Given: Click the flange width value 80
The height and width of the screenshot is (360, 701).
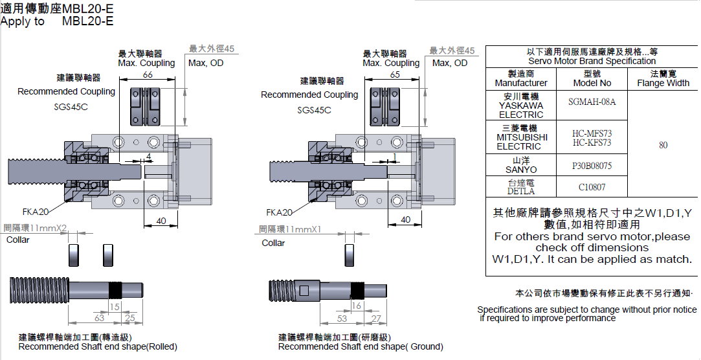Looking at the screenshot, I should tap(663, 145).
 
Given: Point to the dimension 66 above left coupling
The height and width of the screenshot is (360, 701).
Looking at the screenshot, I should tap(147, 75).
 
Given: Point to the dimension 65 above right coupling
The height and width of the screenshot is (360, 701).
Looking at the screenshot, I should tap(395, 75).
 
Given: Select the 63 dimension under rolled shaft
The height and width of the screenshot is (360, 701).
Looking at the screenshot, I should tap(100, 318).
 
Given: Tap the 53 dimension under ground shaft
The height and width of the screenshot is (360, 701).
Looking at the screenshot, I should tap(342, 318).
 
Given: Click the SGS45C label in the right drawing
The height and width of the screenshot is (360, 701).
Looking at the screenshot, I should tap(314, 110).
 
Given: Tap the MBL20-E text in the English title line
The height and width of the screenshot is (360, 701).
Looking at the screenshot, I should tap(87, 21).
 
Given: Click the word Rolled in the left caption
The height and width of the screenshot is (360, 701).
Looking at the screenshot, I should tap(161, 346).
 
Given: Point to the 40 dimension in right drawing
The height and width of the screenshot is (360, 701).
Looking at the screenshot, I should tap(405, 219).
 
